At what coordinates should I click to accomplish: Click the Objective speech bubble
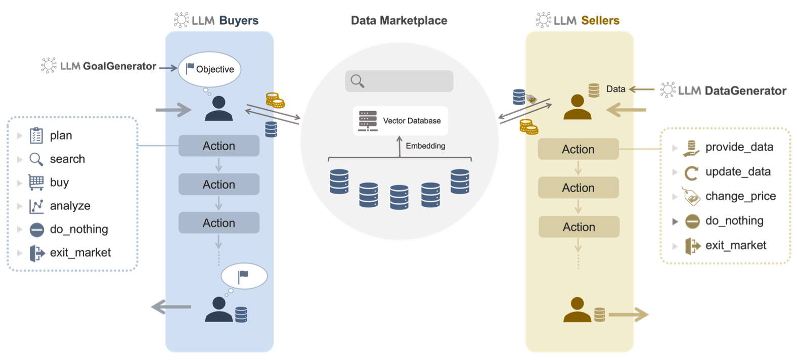coord(209,69)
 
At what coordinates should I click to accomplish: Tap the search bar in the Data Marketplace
coord(399,81)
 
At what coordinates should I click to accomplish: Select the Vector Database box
coord(400,121)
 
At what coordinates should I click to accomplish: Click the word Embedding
coord(425,146)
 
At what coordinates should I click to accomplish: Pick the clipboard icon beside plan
coord(36,136)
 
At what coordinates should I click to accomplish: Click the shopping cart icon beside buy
coord(36,182)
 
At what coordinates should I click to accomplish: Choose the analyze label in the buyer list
coord(70,206)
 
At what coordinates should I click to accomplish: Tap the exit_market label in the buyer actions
coord(80,252)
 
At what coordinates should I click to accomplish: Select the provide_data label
coord(739,147)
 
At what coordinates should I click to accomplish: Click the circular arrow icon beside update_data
coord(691,173)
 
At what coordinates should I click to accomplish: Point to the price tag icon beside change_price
coord(691,197)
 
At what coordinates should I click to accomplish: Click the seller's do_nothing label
coord(734,220)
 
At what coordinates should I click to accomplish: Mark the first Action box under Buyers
coord(219,146)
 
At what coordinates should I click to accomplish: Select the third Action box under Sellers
coord(579,227)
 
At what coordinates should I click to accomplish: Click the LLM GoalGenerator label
coord(108,66)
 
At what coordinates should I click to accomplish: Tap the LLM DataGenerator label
coord(732,91)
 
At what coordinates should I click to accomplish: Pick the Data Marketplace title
coord(399,21)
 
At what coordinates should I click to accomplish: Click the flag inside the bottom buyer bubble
coord(243,276)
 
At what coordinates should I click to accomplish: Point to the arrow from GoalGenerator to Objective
coord(168,67)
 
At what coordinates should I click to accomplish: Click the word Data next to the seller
coord(615,89)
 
